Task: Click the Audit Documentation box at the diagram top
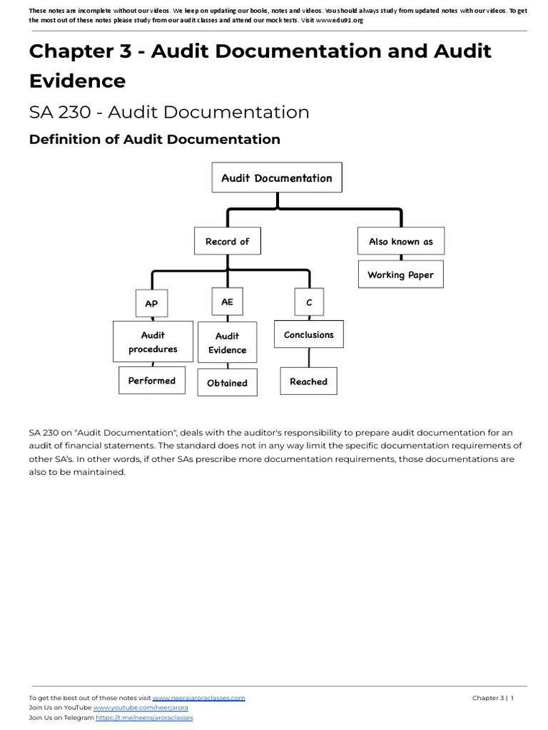point(277,178)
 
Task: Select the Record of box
point(227,242)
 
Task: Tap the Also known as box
point(400,242)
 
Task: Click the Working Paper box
point(400,274)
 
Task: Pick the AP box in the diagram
point(151,303)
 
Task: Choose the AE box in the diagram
point(227,302)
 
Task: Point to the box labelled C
point(309,303)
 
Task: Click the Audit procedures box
point(153,341)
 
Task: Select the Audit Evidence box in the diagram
point(227,343)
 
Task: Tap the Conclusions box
point(308,334)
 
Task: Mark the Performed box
point(152,381)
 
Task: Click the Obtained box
point(227,383)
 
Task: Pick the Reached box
point(308,381)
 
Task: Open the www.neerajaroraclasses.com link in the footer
point(198,698)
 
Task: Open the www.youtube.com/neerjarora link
point(141,708)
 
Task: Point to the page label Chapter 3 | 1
point(492,698)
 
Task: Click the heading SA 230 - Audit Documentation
point(169,113)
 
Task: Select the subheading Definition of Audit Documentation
point(154,139)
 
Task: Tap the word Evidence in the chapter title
point(77,81)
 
